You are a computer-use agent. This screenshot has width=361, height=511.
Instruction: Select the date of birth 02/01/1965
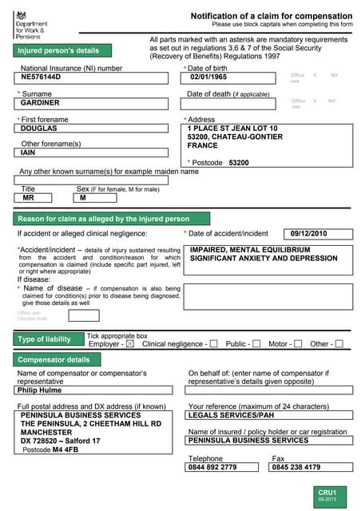click(x=208, y=77)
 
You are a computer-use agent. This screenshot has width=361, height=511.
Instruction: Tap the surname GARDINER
click(x=40, y=103)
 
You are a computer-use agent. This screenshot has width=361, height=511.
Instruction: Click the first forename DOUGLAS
click(x=39, y=128)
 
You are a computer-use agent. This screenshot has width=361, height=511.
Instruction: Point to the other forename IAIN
click(x=28, y=153)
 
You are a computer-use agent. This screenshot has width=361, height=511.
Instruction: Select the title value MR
click(x=29, y=197)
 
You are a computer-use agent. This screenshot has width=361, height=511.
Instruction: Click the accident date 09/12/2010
click(x=309, y=233)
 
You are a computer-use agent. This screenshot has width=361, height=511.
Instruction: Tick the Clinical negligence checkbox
click(x=213, y=344)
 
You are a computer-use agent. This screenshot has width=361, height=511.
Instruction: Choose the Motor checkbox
click(x=298, y=344)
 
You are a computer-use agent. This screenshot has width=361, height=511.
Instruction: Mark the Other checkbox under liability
click(x=339, y=344)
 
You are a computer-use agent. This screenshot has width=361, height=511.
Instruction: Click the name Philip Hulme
click(x=38, y=390)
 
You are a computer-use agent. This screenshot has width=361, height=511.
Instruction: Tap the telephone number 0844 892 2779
click(x=212, y=467)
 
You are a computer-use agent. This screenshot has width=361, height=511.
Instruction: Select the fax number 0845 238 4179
click(x=296, y=467)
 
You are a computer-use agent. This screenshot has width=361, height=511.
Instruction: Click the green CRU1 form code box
click(x=327, y=494)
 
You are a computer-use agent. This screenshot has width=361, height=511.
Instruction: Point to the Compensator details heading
click(x=55, y=360)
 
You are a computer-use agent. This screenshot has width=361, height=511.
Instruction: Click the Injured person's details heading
click(x=59, y=50)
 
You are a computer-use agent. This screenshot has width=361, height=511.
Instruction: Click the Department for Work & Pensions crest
click(x=21, y=15)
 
